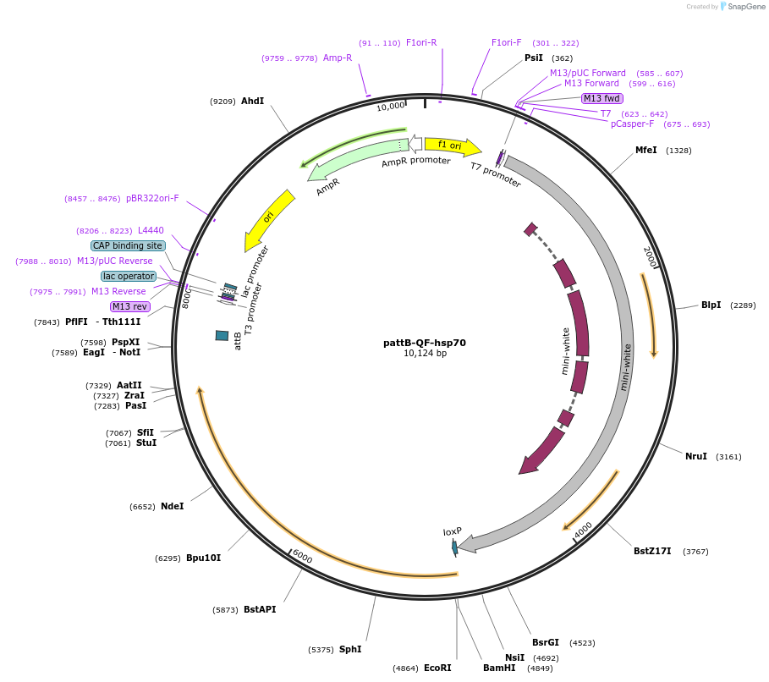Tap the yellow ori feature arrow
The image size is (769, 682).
click(270, 218)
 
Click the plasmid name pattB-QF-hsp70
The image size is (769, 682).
click(425, 343)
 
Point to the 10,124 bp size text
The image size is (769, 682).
click(425, 354)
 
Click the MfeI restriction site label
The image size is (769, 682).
click(645, 150)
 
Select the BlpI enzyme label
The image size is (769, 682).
click(711, 305)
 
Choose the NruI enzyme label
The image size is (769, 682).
click(695, 456)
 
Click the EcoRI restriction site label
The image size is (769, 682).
click(437, 668)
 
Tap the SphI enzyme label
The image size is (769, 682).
click(350, 649)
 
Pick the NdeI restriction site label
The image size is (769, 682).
click(172, 506)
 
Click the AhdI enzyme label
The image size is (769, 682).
click(252, 101)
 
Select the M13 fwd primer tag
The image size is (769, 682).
click(602, 98)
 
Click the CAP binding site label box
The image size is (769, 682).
click(127, 245)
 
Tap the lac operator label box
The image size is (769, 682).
click(128, 276)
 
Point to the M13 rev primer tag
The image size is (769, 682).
click(129, 306)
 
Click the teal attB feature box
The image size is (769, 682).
click(222, 336)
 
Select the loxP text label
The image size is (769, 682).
click(453, 531)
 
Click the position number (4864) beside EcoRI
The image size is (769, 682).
click(406, 668)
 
